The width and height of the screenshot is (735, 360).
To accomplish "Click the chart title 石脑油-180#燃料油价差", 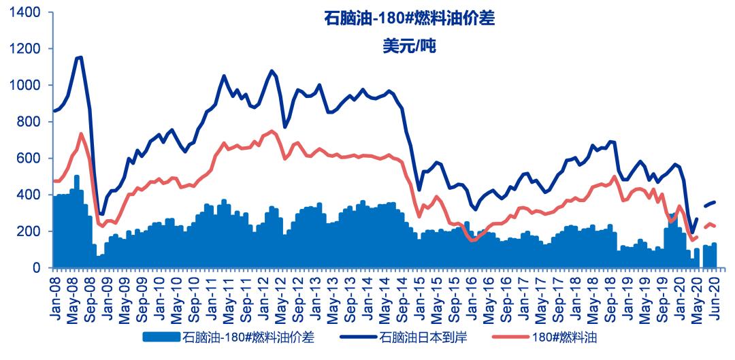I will point(408,18).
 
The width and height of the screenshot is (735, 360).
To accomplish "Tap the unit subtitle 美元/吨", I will point(408,46).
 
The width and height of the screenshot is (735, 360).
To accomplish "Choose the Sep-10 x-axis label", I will point(193,295).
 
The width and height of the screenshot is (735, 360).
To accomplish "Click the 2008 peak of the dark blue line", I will point(80,57).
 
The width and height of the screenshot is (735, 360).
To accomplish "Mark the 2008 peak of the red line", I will point(81,134).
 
